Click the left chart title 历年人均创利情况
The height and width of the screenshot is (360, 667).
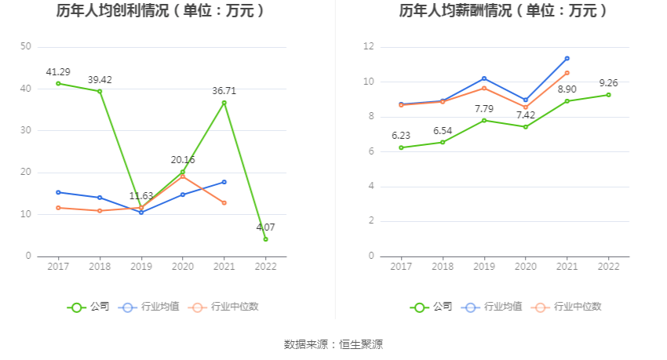click(160, 11)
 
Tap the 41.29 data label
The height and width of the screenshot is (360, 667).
click(58, 71)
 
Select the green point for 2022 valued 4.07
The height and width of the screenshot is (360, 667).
click(265, 239)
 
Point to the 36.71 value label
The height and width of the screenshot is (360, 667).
click(224, 91)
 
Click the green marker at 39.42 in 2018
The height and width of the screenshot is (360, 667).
click(100, 91)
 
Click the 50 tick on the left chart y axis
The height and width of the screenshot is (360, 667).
click(25, 47)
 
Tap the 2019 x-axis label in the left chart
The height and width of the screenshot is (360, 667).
click(141, 267)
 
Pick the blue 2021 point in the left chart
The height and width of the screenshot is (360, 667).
click(224, 182)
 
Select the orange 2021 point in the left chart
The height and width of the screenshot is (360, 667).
click(224, 202)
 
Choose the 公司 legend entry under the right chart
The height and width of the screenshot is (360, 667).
click(431, 307)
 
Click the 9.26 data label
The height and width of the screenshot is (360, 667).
click(608, 83)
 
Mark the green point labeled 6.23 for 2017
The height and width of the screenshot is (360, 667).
click(401, 147)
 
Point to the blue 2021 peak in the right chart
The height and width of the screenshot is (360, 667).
click(567, 58)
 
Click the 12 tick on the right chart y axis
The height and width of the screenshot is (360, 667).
click(368, 47)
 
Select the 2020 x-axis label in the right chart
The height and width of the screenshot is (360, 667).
click(525, 267)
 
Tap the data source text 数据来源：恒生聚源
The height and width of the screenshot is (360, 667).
click(333, 344)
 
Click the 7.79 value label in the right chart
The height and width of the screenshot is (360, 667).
click(484, 108)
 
